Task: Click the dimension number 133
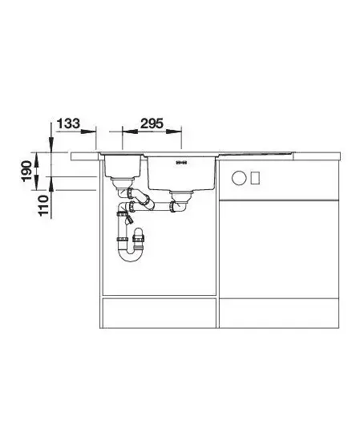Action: click(68, 123)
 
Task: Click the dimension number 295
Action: click(152, 123)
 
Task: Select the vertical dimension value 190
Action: click(27, 171)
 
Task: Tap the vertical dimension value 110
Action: click(43, 205)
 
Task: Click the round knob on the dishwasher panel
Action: click(238, 178)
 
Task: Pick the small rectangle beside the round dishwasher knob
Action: click(255, 178)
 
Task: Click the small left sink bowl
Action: click(123, 166)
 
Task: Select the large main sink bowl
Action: click(181, 173)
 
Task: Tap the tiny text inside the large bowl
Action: click(181, 163)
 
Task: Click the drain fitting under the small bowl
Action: click(123, 183)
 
